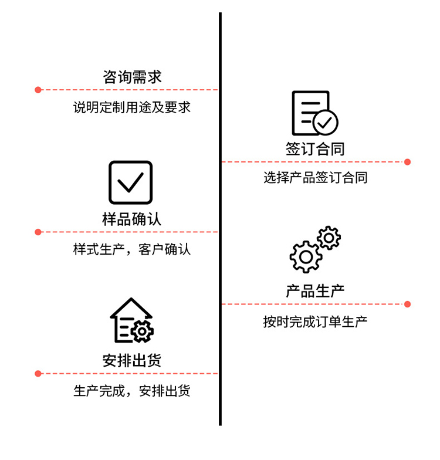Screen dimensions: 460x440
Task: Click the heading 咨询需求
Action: coord(132,77)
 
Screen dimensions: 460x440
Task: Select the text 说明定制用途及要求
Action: coord(132,108)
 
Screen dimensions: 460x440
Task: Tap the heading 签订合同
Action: coord(315,149)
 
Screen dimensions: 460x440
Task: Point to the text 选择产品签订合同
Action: coord(315,178)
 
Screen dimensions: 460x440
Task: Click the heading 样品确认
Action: coord(132,219)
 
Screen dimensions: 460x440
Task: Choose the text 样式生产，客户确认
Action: coord(132,249)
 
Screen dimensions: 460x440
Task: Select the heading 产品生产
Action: coord(315,291)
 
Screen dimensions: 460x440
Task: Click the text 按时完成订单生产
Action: coord(315,322)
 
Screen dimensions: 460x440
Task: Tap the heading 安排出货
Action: coord(132,361)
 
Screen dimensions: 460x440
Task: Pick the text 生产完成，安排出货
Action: coord(132,391)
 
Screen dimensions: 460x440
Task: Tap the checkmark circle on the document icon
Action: coord(326,122)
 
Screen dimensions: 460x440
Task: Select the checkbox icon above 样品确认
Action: coord(130,182)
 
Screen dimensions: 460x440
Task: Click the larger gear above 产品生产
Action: coord(306,256)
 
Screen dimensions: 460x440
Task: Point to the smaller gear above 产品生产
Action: coord(329,237)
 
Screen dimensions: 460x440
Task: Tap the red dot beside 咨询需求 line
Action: coord(38,90)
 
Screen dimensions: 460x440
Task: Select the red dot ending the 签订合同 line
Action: coord(408,162)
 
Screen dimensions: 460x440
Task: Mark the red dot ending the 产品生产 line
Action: coord(408,304)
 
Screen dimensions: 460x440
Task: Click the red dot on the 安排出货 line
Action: coord(38,373)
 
